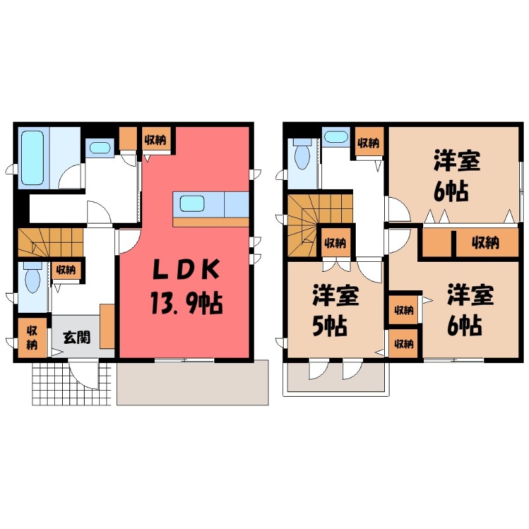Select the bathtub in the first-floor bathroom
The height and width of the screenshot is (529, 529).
[31, 157]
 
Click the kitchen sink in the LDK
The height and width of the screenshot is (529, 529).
[192, 203]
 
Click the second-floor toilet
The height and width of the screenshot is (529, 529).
[302, 157]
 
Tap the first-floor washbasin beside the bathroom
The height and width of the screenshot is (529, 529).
[101, 147]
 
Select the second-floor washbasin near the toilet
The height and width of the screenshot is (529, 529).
[336, 137]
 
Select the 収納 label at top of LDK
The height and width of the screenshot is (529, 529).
[156, 140]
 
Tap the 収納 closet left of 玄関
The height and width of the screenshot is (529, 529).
[32, 338]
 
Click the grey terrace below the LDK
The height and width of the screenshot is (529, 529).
[192, 383]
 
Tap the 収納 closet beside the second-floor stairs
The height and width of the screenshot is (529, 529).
[335, 243]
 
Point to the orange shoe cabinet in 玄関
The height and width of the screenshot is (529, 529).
[108, 327]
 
